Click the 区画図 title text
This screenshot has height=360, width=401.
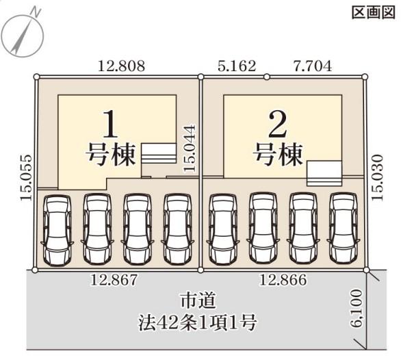click(x=374, y=12)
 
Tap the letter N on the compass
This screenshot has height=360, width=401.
click(x=36, y=12)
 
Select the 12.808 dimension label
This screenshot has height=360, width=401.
click(x=121, y=66)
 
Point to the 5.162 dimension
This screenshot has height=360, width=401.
click(x=237, y=66)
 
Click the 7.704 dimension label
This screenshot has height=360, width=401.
click(x=312, y=66)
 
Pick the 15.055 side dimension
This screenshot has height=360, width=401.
click(x=26, y=177)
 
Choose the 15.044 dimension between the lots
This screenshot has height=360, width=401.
click(x=190, y=148)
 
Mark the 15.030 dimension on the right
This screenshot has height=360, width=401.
click(x=378, y=177)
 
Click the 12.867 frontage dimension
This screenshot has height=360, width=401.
click(x=114, y=280)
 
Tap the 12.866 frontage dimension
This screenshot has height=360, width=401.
click(x=283, y=280)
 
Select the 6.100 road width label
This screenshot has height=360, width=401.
click(x=357, y=308)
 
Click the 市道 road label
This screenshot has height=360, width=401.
click(x=198, y=300)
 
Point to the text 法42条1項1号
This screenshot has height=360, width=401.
click(x=197, y=322)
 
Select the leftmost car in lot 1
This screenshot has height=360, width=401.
click(x=57, y=229)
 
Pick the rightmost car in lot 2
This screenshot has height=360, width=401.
click(x=344, y=228)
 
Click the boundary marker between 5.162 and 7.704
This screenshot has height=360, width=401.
click(x=267, y=77)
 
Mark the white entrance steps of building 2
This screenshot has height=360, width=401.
click(x=324, y=173)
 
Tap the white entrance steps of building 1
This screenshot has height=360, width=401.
click(x=159, y=153)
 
